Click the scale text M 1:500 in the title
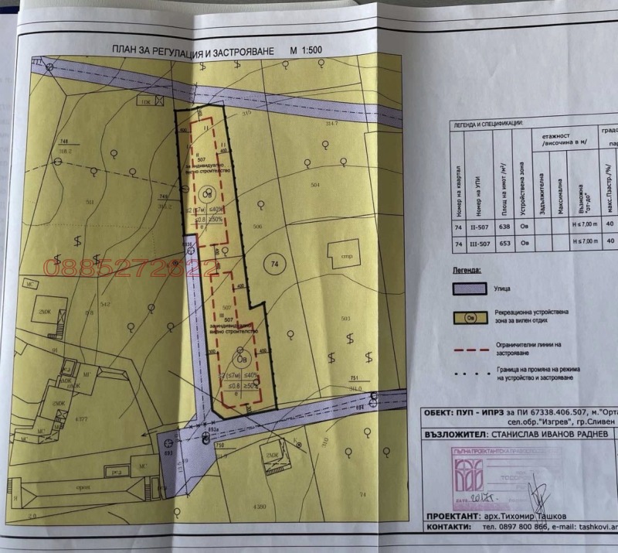coord(305,50)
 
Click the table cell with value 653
coord(504,241)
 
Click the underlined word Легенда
coord(464,271)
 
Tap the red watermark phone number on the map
coord(131,268)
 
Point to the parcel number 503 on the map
coord(345,318)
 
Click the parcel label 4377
coord(82,420)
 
